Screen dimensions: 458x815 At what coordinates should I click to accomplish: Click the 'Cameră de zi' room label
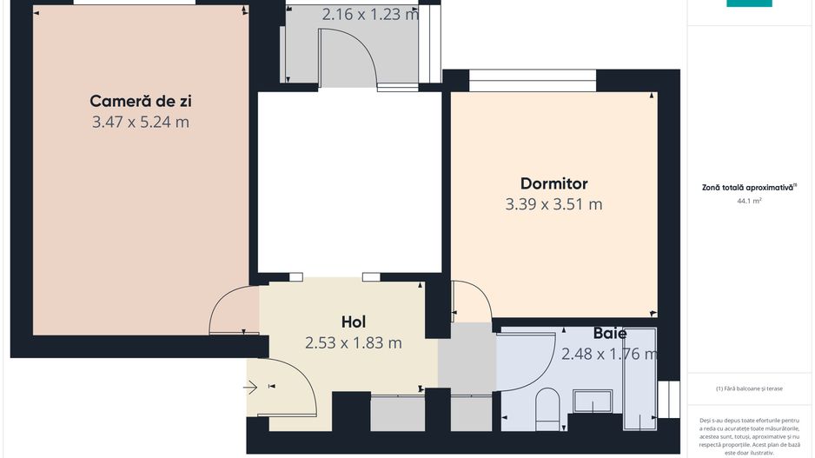point(140,100)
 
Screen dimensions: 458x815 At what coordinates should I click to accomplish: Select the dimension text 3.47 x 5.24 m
point(140,123)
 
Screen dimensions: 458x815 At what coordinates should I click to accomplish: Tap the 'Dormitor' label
point(553,183)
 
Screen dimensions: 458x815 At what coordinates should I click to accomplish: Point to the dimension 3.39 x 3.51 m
point(553,205)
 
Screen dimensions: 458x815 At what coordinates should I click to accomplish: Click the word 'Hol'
point(353,322)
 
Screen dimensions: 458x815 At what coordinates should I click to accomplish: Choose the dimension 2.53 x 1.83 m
point(353,343)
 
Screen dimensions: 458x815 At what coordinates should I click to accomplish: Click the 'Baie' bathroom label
point(610,333)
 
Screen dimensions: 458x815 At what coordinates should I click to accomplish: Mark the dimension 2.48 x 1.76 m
point(609,354)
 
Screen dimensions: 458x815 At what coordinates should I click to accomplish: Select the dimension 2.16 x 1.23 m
point(370,14)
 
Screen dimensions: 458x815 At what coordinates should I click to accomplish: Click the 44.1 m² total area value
point(749,201)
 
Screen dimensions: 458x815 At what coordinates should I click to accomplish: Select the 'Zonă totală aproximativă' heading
point(749,187)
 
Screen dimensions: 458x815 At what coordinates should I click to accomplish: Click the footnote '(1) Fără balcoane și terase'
point(750,388)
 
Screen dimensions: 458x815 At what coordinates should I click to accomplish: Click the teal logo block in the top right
point(749,3)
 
